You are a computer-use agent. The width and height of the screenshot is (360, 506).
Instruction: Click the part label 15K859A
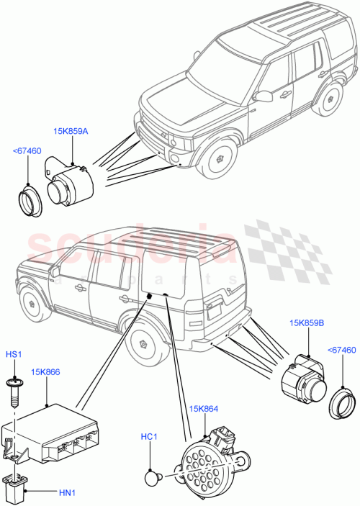point(71,132)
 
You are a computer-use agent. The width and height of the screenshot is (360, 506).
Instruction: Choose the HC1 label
point(148,436)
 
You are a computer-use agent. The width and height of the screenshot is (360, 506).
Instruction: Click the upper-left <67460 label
point(27,150)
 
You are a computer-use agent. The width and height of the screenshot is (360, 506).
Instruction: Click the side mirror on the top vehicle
point(261,96)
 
